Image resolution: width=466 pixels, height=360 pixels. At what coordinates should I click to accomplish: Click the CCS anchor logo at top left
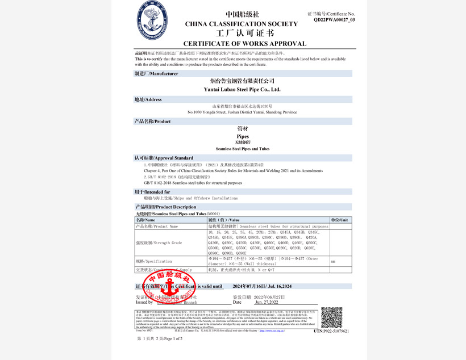[153, 21]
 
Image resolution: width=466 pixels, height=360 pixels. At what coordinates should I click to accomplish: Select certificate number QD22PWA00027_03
[334, 19]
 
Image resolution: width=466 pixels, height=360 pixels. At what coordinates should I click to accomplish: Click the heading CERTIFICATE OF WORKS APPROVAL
[244, 44]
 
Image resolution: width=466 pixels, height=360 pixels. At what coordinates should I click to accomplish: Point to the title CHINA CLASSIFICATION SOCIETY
[242, 24]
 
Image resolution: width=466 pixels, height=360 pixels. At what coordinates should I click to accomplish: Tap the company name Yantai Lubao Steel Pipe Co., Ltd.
[242, 89]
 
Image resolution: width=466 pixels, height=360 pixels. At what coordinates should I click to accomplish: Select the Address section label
[148, 99]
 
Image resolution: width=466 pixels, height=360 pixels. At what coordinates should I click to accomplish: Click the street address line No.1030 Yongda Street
[242, 112]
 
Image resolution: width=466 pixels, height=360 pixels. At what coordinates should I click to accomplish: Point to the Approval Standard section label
[164, 158]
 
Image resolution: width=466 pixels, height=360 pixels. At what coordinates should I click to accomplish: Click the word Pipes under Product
[242, 137]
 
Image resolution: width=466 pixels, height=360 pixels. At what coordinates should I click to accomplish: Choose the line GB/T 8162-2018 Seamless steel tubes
[188, 183]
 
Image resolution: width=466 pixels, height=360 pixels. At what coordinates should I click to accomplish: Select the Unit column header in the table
[339, 220]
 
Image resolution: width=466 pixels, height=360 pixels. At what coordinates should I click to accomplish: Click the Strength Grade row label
[159, 242]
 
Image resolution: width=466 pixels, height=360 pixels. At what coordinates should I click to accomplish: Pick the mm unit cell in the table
[333, 261]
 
